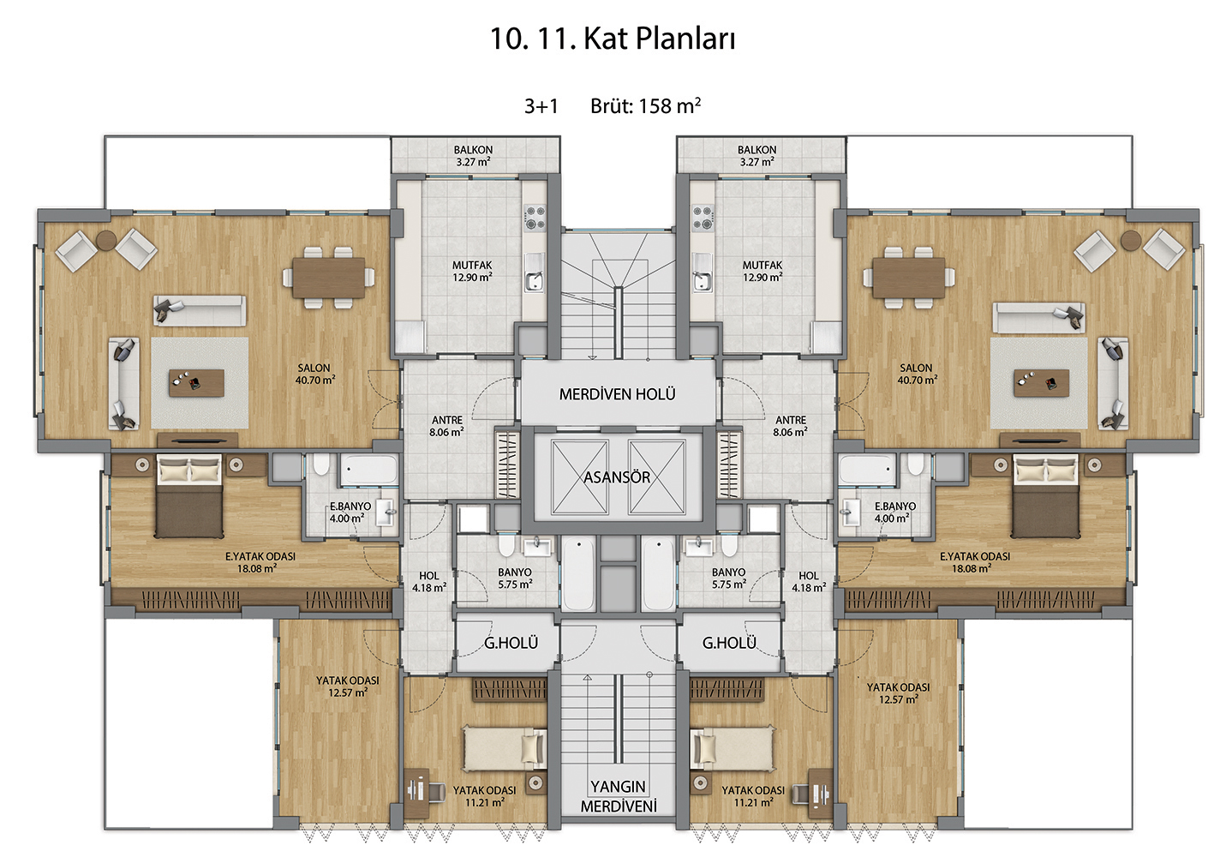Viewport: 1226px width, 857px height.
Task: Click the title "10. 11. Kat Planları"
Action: click(613, 39)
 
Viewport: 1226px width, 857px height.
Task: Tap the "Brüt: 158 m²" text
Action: click(645, 105)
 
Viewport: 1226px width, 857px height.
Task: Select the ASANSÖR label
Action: click(617, 477)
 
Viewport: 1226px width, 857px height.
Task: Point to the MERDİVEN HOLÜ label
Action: click(617, 394)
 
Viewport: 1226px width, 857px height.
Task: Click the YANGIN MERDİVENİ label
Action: click(619, 796)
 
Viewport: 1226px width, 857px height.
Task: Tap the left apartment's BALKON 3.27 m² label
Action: click(474, 155)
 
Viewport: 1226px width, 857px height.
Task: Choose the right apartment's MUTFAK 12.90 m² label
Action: click(763, 271)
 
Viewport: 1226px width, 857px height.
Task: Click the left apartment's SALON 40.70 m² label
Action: click(314, 374)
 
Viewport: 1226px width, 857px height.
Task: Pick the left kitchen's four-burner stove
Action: click(534, 218)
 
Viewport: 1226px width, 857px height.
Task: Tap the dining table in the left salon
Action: click(329, 278)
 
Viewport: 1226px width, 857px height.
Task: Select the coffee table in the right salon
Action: click(1042, 382)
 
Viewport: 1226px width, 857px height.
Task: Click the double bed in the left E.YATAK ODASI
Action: click(189, 495)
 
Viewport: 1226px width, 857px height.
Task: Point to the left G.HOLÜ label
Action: click(511, 643)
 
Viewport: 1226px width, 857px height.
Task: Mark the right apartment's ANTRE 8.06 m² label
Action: click(790, 426)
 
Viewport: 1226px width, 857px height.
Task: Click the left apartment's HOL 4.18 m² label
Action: click(429, 582)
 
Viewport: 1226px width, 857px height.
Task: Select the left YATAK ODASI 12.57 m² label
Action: click(348, 686)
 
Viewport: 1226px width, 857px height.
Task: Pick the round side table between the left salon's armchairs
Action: click(106, 240)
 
